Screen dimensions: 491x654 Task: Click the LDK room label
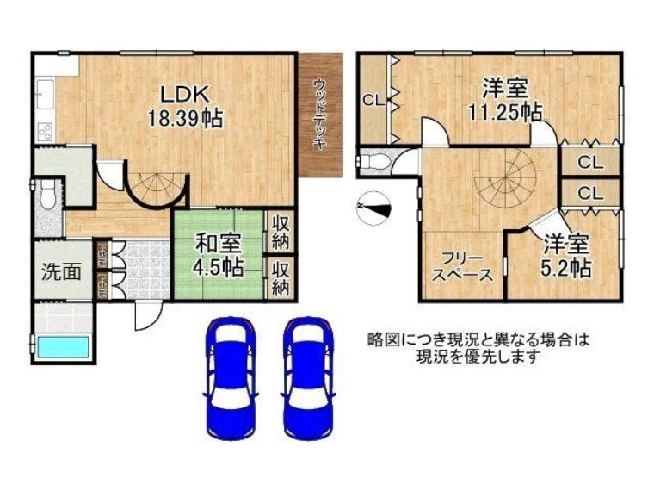pyautogui.click(x=183, y=93)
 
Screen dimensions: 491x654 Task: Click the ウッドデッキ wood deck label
pyautogui.click(x=320, y=115)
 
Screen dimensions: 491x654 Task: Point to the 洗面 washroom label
pyautogui.click(x=63, y=271)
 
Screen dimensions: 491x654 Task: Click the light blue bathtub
pyautogui.click(x=63, y=348)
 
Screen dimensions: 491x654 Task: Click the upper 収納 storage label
pyautogui.click(x=281, y=233)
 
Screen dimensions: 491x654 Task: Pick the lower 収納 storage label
pyautogui.click(x=281, y=277)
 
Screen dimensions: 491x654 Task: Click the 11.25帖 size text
pyautogui.click(x=504, y=111)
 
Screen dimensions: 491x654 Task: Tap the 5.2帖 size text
pyautogui.click(x=565, y=268)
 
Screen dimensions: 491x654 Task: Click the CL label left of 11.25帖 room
pyautogui.click(x=373, y=99)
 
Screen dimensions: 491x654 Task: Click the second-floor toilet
pyautogui.click(x=373, y=162)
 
